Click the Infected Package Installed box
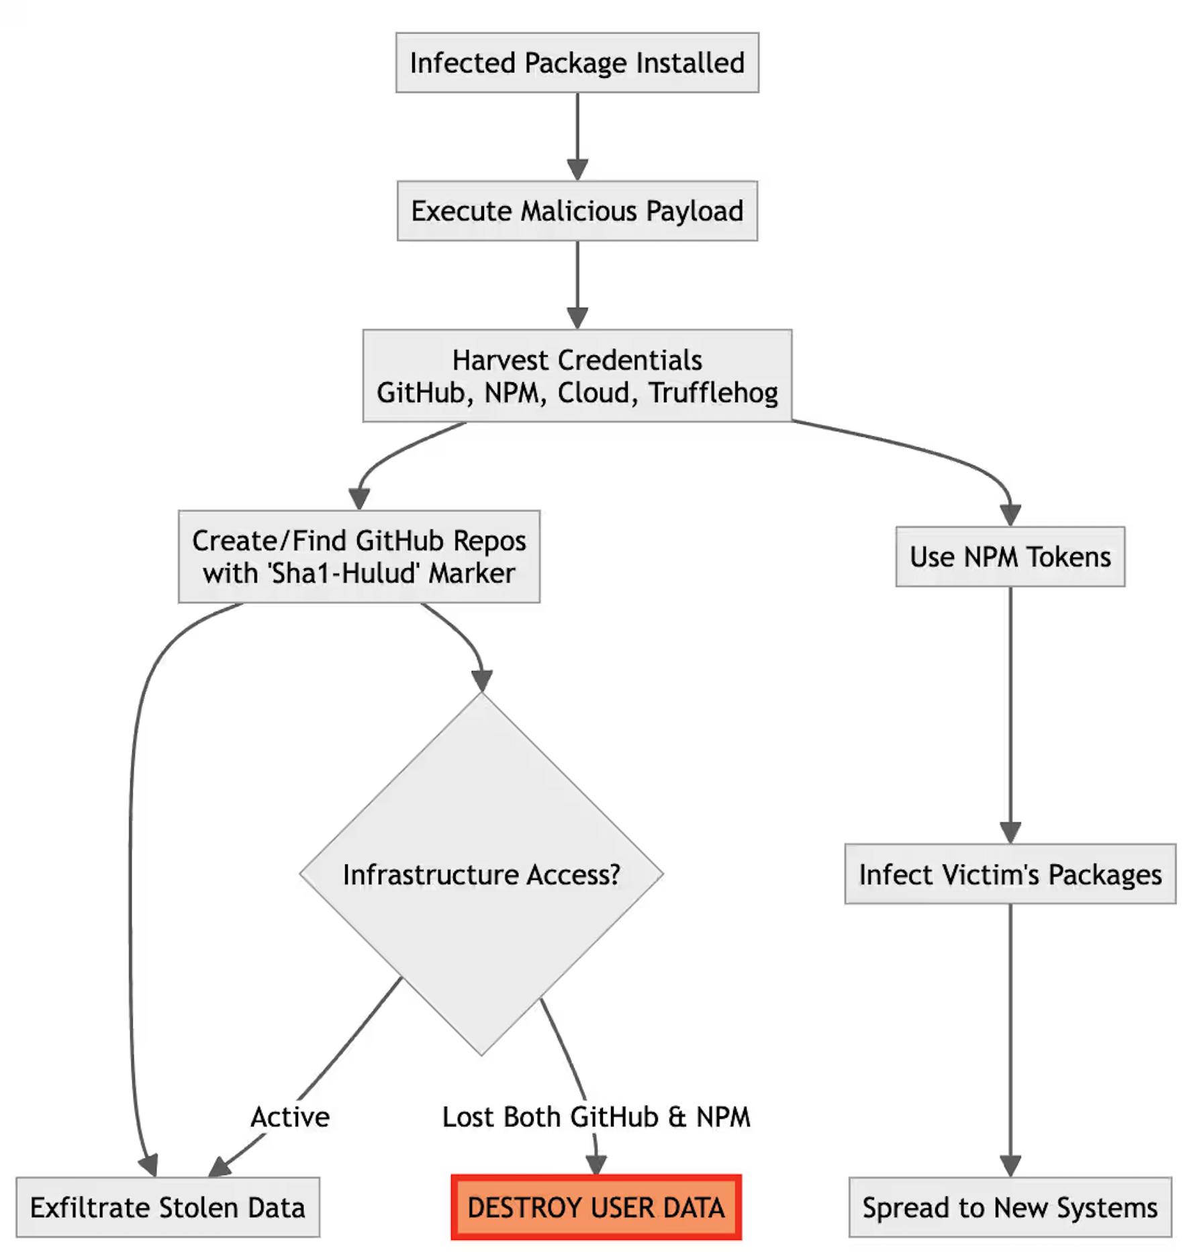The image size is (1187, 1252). pos(577,62)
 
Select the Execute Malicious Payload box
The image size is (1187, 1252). pos(577,211)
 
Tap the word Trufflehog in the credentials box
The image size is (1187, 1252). pos(713,393)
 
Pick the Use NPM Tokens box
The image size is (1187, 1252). pos(1010,557)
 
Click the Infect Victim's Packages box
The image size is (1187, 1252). pos(1010,875)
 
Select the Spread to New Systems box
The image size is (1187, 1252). pos(1010,1208)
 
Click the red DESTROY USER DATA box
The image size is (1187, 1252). pos(596,1208)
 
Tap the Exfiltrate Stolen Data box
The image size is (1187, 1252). pos(168,1208)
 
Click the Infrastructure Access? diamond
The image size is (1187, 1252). pos(481,875)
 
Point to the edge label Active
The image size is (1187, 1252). pos(290,1117)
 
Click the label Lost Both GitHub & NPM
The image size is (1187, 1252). pos(596,1117)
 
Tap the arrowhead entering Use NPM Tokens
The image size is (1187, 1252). pos(1010,515)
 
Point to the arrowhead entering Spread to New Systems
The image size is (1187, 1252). pos(1010,1166)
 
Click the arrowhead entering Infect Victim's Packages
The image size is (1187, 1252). pos(1010,833)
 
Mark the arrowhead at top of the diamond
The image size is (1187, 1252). pos(481,680)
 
